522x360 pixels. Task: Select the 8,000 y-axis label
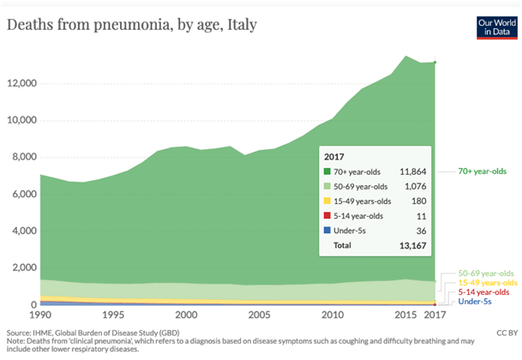(21, 157)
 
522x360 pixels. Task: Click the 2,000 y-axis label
(21, 267)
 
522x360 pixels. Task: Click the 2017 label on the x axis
(435, 316)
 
